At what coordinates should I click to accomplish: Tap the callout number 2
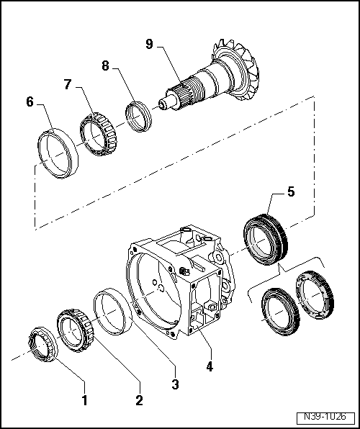[139, 399]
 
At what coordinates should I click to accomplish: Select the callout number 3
[175, 384]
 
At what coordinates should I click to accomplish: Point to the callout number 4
[209, 366]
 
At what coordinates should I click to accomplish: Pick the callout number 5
[290, 192]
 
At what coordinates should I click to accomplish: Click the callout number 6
[30, 102]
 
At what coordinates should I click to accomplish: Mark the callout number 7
[68, 84]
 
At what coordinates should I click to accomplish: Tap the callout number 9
[149, 44]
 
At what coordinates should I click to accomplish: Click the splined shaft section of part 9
[185, 90]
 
